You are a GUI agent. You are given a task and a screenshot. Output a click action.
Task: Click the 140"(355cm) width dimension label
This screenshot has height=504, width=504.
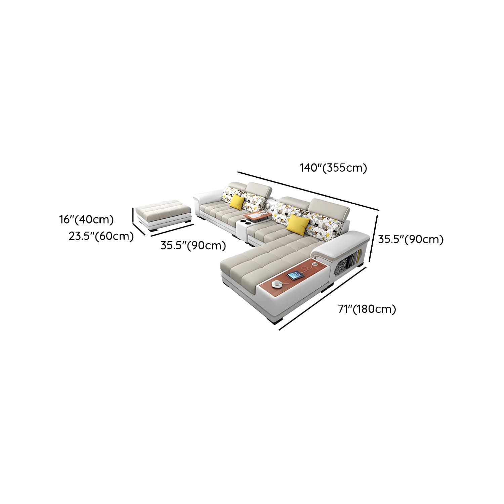click(x=333, y=168)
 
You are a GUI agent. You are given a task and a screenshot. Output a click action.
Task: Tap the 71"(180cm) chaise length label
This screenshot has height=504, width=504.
click(x=367, y=309)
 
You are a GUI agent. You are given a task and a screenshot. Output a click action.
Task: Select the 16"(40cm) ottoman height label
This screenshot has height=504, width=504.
click(x=87, y=220)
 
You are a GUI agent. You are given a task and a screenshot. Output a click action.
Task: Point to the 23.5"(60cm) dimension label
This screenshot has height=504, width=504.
click(x=101, y=236)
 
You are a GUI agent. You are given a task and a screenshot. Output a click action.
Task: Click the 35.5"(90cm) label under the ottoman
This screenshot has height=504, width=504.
click(x=193, y=246)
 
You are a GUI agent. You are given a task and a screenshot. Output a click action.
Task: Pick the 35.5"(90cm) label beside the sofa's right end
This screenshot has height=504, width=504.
click(x=411, y=239)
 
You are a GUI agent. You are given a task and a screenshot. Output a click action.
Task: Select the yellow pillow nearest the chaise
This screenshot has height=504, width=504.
click(x=298, y=224)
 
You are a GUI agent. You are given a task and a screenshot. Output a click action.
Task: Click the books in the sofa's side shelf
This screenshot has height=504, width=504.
click(x=354, y=256)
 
